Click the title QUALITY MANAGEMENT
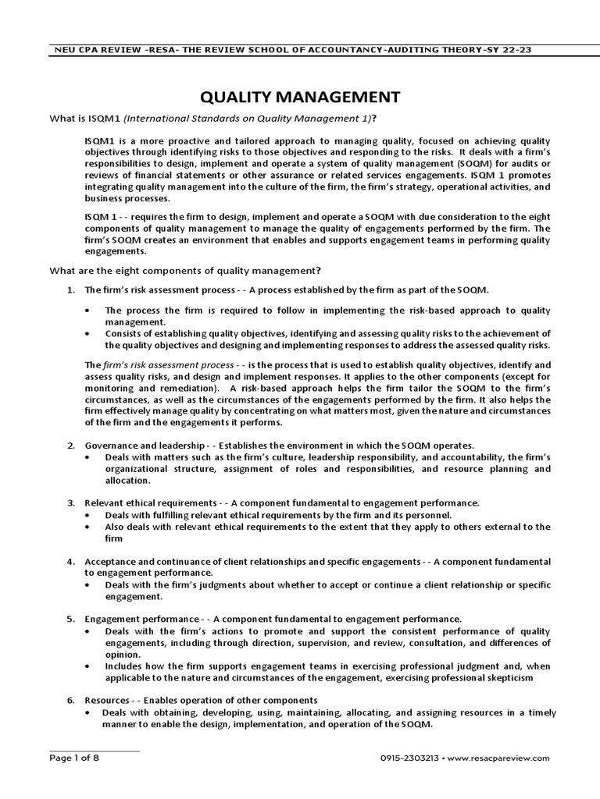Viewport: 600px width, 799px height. (x=301, y=97)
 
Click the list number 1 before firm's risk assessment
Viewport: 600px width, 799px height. (x=71, y=290)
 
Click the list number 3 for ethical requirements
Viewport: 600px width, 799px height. (x=71, y=503)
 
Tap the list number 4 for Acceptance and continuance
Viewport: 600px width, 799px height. (x=71, y=562)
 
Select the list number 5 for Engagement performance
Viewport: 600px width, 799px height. (x=71, y=620)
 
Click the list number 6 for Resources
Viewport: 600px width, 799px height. (x=71, y=701)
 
